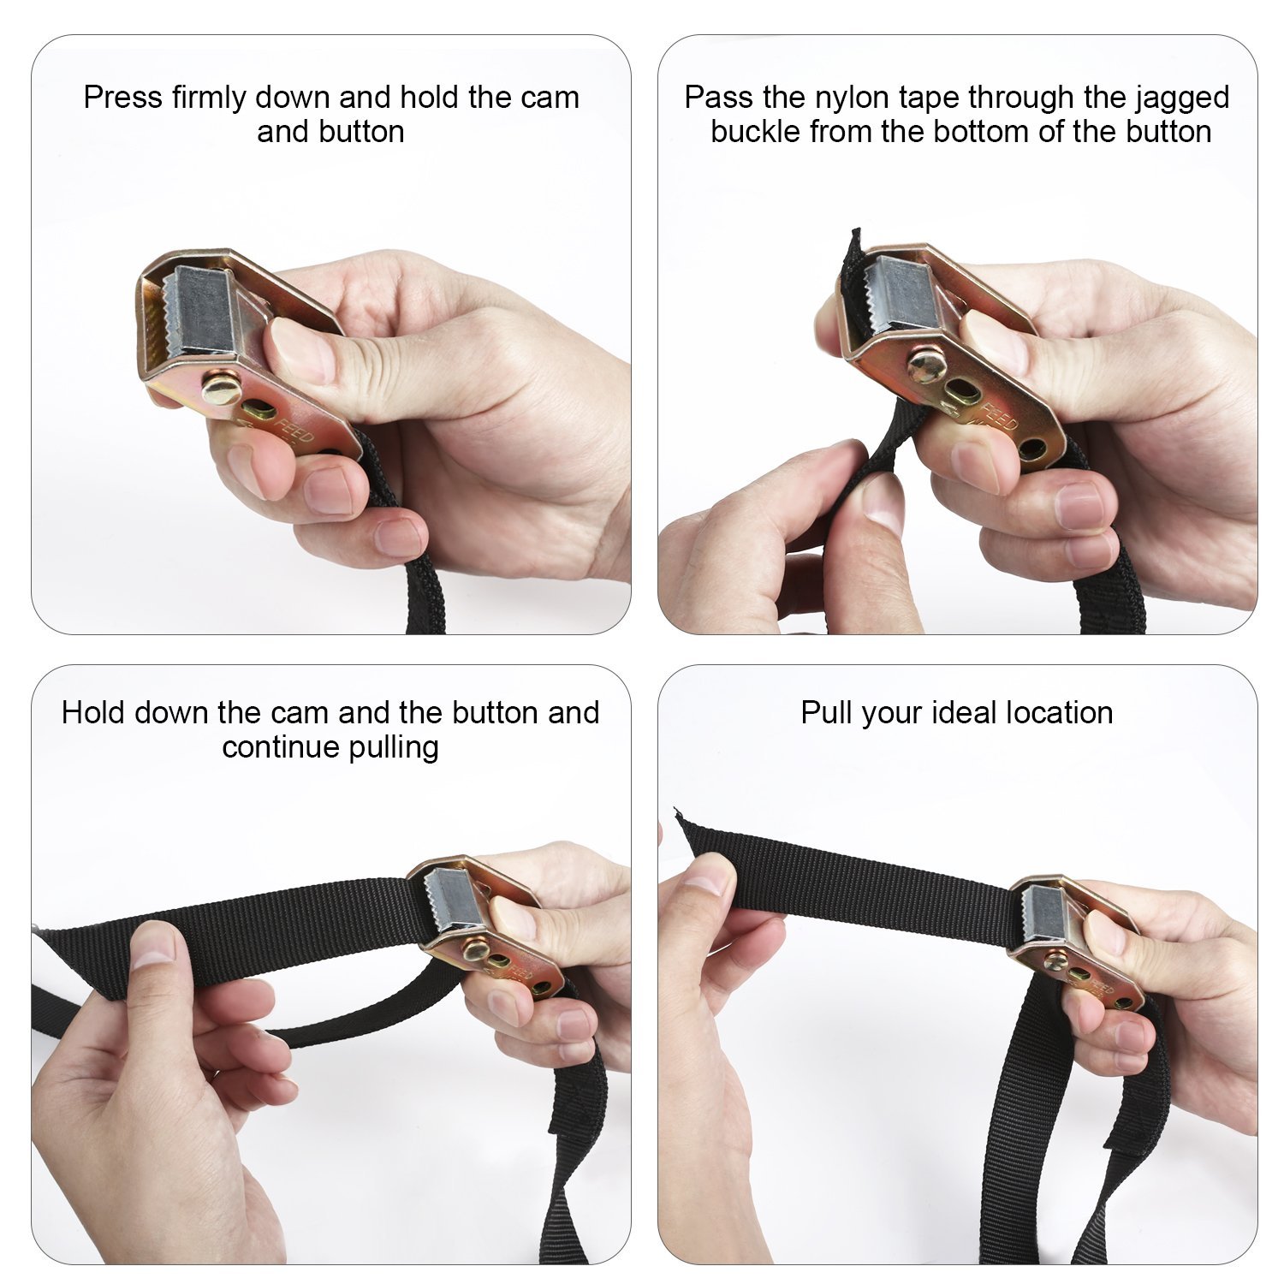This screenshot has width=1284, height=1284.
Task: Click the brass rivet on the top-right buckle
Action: (x=927, y=366)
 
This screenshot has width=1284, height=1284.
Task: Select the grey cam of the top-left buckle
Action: (x=203, y=310)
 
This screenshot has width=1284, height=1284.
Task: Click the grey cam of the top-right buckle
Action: (x=901, y=295)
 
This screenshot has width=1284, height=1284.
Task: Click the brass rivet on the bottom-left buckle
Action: (x=474, y=949)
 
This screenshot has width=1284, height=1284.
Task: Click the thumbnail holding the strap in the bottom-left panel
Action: (x=154, y=944)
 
